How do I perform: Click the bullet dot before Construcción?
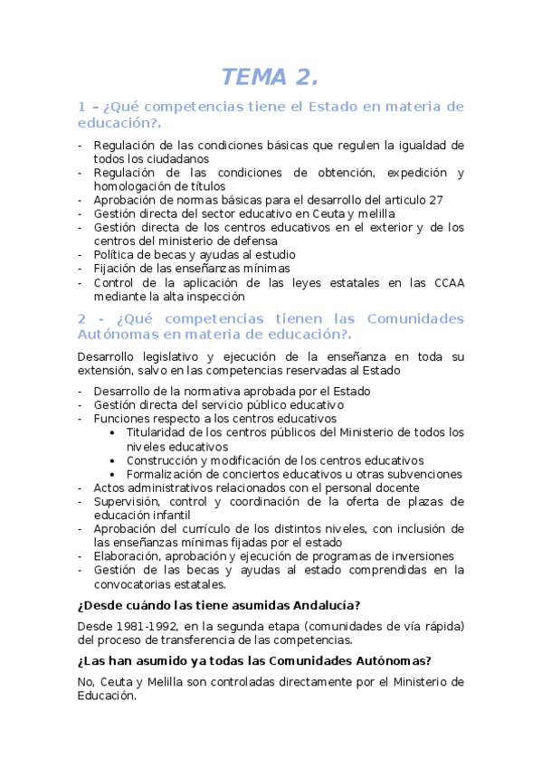coord(111,460)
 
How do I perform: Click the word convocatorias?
coord(132,583)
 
